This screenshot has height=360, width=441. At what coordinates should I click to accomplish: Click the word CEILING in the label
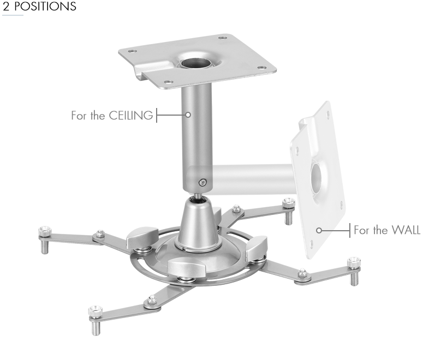(131, 116)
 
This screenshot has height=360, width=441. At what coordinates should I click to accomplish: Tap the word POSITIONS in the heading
(45, 6)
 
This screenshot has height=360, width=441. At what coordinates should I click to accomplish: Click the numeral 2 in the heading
(6, 6)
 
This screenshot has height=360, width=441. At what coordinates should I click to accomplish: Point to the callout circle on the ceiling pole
(188, 115)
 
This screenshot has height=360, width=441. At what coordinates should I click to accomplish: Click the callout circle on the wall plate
(319, 230)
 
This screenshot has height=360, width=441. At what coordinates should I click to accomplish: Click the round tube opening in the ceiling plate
(196, 63)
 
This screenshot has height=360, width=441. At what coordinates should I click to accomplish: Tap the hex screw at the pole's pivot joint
(202, 183)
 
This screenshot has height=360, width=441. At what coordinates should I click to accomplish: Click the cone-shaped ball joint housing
(199, 225)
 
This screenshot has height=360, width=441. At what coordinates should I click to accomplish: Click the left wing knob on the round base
(142, 237)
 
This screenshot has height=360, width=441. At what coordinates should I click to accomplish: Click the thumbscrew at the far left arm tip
(45, 232)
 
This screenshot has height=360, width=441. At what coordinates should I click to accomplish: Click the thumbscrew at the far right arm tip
(354, 262)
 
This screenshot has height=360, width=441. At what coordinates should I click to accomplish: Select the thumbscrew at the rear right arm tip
(289, 203)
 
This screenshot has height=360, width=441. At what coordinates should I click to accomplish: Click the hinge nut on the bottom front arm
(152, 299)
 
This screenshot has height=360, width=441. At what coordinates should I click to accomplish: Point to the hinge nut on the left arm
(100, 234)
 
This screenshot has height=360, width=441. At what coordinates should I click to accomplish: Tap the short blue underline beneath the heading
(13, 15)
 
